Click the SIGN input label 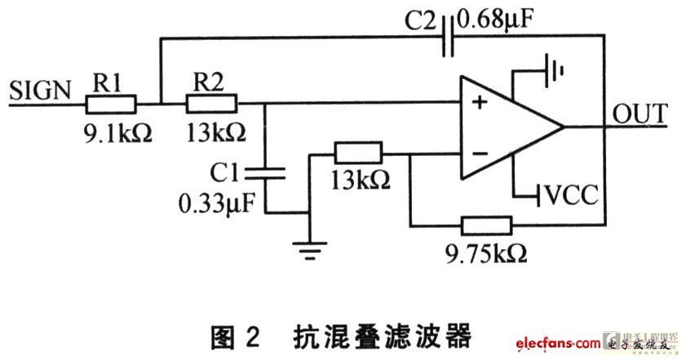[40, 91]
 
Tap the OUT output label [640, 113]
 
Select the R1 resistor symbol [110, 104]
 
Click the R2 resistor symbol [212, 104]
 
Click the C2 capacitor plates [448, 36]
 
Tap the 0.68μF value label [495, 20]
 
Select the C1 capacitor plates [265, 173]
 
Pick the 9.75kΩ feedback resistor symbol [487, 225]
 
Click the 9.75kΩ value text [486, 253]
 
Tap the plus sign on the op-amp [480, 102]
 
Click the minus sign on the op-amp [480, 153]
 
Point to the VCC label [571, 194]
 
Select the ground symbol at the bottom [310, 251]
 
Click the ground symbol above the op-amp [555, 70]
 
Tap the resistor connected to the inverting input [358, 153]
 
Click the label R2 [208, 82]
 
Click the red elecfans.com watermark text [558, 343]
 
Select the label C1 [224, 172]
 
